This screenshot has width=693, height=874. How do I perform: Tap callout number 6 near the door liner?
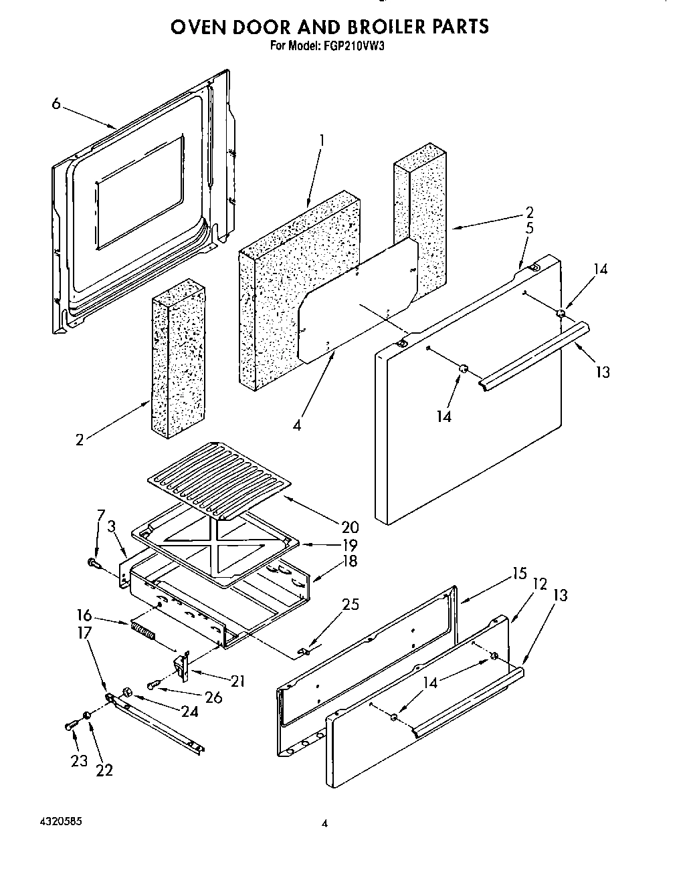[56, 104]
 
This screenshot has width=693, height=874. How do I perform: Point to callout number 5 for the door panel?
[529, 228]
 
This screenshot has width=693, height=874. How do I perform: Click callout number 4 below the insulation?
[296, 425]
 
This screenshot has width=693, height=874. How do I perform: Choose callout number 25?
[350, 605]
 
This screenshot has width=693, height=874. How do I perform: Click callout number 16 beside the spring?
[84, 616]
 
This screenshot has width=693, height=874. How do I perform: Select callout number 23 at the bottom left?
[79, 760]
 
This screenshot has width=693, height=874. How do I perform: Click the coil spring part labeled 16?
[143, 632]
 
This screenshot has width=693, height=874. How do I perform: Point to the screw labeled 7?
[94, 564]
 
